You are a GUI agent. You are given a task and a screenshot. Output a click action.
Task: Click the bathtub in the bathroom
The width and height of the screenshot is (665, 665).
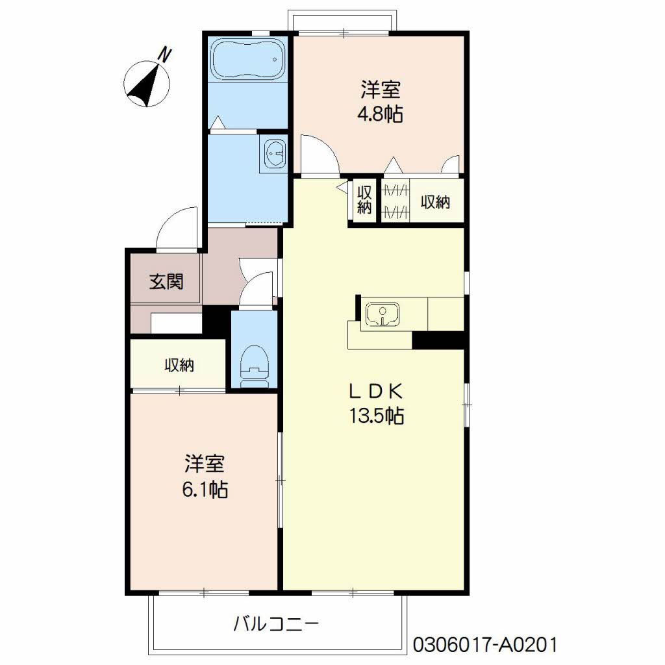click(x=247, y=59)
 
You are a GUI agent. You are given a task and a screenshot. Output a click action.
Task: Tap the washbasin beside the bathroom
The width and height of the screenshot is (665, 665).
click(x=275, y=153)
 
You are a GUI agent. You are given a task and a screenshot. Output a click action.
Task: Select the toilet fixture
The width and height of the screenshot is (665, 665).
click(x=254, y=367)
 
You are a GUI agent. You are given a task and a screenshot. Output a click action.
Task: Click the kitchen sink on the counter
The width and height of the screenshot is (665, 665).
click(x=382, y=314)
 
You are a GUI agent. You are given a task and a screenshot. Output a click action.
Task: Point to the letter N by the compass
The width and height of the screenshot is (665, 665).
click(x=164, y=55)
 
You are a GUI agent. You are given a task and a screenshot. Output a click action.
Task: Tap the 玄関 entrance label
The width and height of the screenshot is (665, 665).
click(x=166, y=282)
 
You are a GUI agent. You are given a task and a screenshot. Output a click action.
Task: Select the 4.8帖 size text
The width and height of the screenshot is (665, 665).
click(x=380, y=114)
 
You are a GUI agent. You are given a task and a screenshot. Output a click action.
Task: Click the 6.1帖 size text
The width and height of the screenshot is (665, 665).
click(x=205, y=490)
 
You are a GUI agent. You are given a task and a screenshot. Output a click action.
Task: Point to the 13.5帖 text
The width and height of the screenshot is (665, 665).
click(x=377, y=416)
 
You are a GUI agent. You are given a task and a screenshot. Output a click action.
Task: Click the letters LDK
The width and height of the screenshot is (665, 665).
click(x=376, y=392)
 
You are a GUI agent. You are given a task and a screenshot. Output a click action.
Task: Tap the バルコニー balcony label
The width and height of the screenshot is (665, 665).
click(x=276, y=623)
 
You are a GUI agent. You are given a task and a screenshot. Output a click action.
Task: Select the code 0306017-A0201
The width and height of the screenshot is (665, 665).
click(x=484, y=645)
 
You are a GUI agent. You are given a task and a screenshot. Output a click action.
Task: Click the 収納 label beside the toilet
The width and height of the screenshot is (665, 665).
click(x=179, y=365)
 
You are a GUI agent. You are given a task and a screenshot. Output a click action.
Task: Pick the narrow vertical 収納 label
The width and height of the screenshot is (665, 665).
click(x=364, y=200)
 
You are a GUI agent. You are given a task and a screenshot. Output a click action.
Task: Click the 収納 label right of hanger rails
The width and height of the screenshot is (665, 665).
click(x=435, y=203)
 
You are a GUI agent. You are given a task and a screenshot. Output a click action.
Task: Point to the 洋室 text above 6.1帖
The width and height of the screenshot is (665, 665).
click(x=204, y=464)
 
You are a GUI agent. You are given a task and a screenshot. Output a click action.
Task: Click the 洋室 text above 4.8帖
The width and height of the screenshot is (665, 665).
click(x=381, y=89)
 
